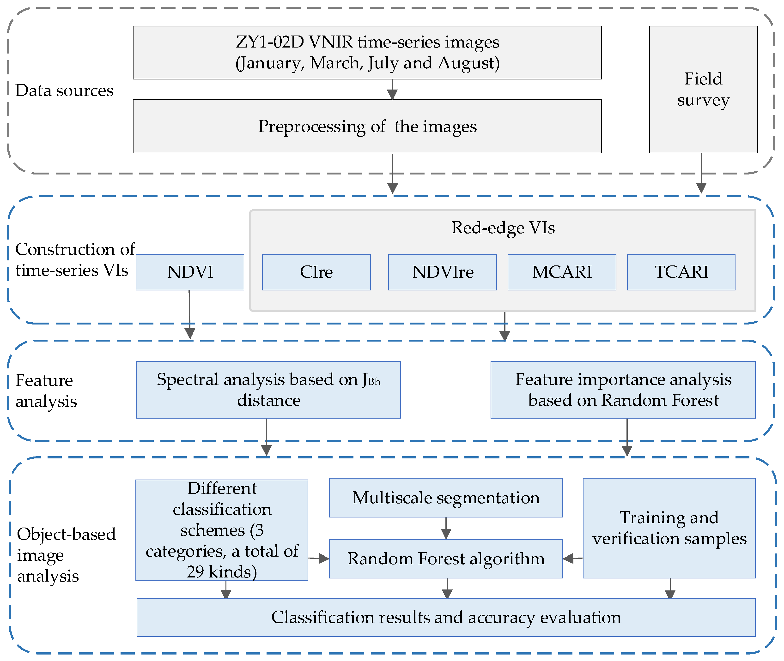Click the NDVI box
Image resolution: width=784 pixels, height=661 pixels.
tap(190, 272)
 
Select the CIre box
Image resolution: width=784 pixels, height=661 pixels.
tap(316, 272)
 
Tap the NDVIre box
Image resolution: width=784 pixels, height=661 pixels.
tap(443, 272)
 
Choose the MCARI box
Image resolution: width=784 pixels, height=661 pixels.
tap(562, 272)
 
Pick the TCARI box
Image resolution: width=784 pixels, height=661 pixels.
tap(681, 272)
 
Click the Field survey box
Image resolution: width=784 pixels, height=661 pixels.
tap(703, 89)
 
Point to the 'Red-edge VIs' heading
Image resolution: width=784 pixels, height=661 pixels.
tap(503, 228)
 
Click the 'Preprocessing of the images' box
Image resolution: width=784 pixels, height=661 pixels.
tap(367, 126)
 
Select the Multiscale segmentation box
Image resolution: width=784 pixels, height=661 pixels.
tap(446, 498)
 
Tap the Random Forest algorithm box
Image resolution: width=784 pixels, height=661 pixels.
tap(446, 559)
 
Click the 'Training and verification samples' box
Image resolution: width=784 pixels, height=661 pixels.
tap(669, 528)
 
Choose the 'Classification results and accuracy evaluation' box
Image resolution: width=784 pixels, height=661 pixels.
tap(446, 617)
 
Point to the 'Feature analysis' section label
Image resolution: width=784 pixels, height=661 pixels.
tap(46, 391)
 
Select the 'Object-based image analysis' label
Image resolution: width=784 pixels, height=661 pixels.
tap(66, 555)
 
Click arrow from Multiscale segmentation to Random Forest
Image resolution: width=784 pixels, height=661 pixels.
tap(446, 529)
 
